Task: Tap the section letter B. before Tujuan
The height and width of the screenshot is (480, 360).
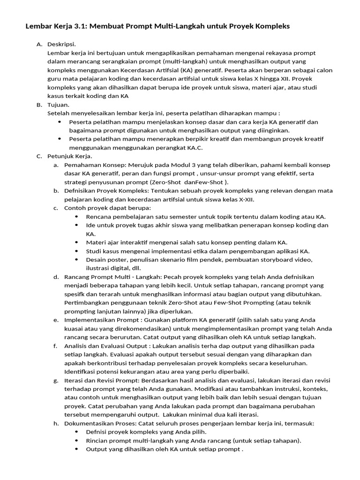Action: (x=39, y=105)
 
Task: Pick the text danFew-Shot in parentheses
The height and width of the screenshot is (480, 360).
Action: (x=203, y=182)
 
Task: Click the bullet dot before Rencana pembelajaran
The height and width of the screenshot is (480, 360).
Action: (x=77, y=217)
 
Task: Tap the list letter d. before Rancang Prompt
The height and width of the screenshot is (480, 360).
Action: (x=56, y=277)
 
